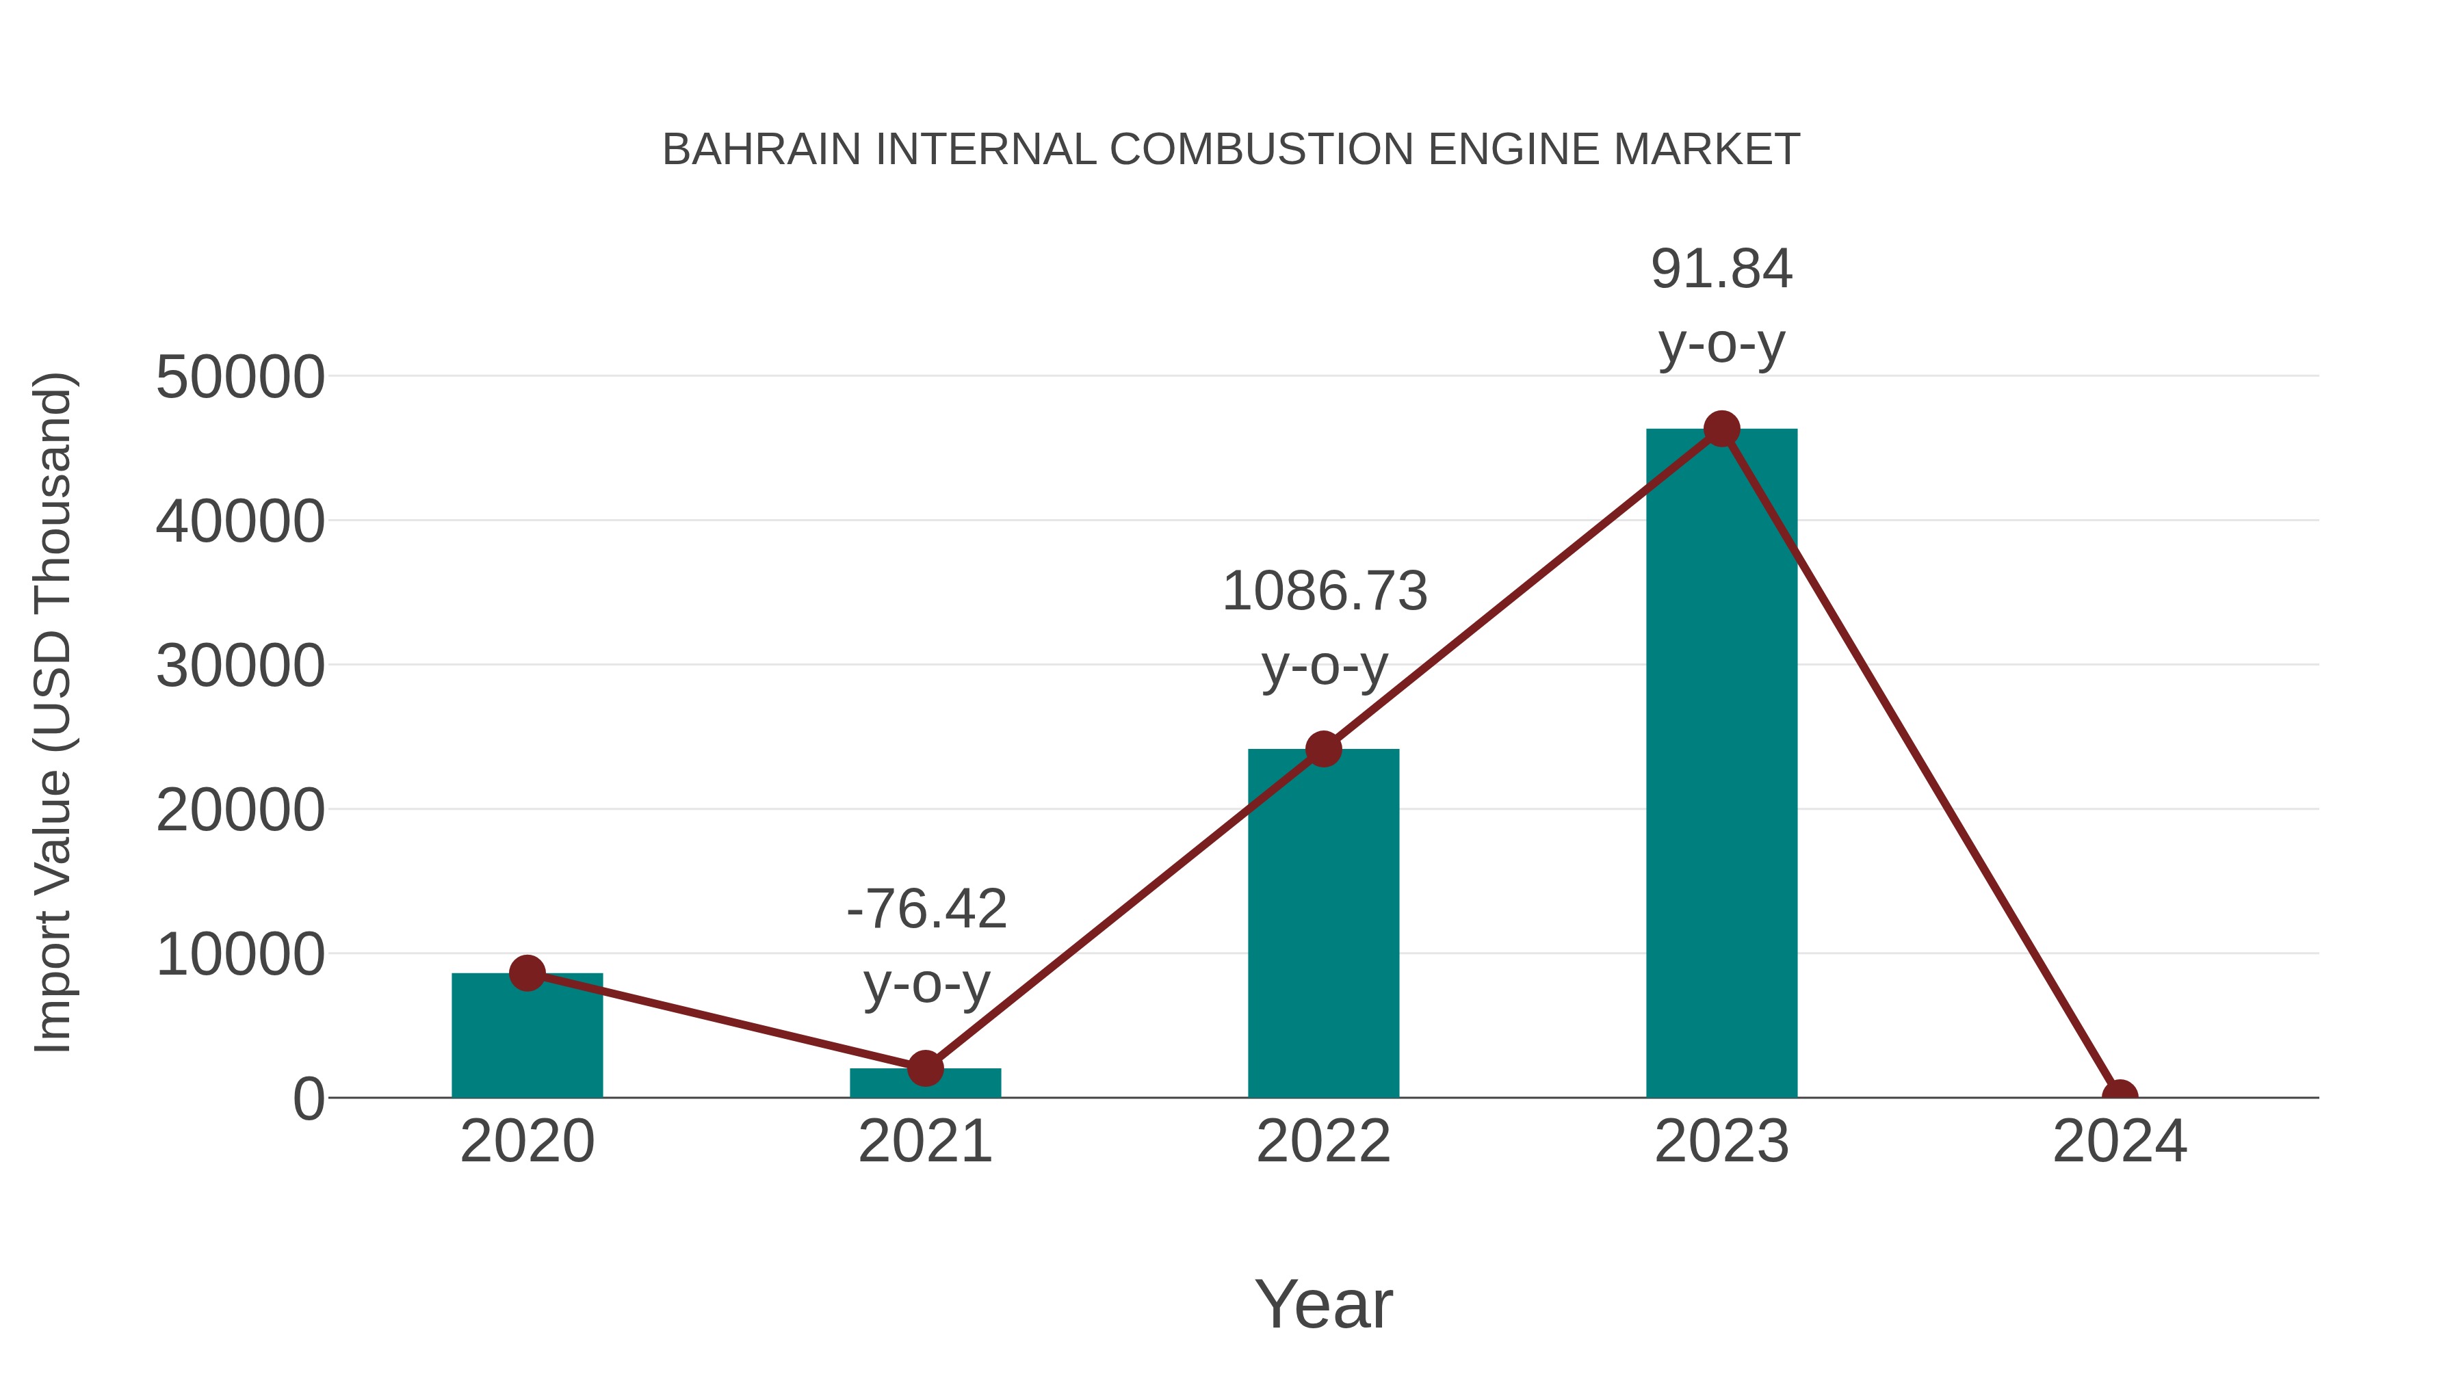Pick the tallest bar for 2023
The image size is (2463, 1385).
click(1721, 765)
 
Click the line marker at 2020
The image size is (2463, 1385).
click(527, 973)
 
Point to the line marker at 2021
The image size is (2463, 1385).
click(924, 1068)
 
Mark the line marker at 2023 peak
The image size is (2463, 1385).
click(1721, 429)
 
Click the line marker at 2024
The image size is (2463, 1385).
click(2120, 1096)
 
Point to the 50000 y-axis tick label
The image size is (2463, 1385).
click(240, 378)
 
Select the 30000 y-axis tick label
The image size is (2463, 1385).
click(240, 666)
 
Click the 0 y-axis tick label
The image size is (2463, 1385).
click(308, 1099)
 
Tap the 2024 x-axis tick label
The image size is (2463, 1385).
click(2120, 1142)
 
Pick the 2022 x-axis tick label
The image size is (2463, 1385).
click(1323, 1142)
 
